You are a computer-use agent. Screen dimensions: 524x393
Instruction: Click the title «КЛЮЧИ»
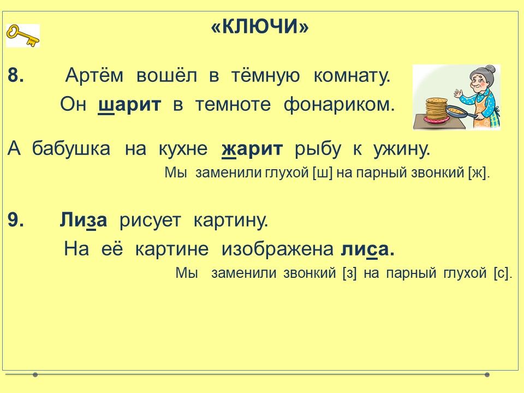point(260,26)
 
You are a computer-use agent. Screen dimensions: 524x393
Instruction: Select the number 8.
point(16,75)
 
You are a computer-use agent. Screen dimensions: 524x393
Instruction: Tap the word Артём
point(94,75)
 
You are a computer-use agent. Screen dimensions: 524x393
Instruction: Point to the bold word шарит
point(130,105)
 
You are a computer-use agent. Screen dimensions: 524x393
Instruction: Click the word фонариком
point(339,104)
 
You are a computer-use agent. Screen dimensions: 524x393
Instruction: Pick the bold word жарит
point(252,148)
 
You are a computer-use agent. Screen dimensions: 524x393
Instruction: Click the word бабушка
point(71,148)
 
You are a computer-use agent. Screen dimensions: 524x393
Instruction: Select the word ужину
point(402,149)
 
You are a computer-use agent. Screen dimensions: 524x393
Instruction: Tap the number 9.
point(16,220)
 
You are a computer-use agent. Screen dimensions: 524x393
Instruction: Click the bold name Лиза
point(84,220)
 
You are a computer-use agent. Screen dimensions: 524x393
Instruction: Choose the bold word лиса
point(367,249)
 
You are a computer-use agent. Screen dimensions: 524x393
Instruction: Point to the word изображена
point(277,249)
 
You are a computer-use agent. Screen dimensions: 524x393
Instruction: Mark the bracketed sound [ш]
point(323,172)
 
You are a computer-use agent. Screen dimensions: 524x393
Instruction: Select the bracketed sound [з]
point(350,273)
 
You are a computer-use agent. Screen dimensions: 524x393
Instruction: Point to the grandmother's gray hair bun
point(490,69)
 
